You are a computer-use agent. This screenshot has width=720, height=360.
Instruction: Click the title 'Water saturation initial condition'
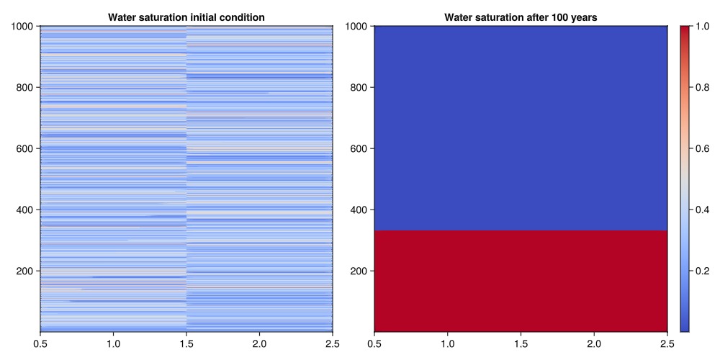[x=186, y=17]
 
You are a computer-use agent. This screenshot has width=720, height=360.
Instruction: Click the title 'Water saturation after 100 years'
[x=521, y=17]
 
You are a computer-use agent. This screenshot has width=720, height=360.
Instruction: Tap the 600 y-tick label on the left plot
[x=25, y=149]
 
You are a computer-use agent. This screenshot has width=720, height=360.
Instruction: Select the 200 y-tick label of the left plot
[x=25, y=271]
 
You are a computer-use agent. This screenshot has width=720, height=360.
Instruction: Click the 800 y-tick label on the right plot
[x=359, y=88]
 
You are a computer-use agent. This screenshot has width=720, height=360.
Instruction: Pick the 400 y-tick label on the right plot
[x=359, y=210]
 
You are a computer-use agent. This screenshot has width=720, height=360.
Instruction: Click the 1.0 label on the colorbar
[x=703, y=27]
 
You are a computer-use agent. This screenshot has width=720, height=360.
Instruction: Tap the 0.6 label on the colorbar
[x=703, y=148]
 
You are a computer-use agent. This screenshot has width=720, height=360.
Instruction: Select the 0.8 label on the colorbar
[x=703, y=88]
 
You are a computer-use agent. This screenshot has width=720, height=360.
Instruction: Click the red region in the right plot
[x=521, y=281]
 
